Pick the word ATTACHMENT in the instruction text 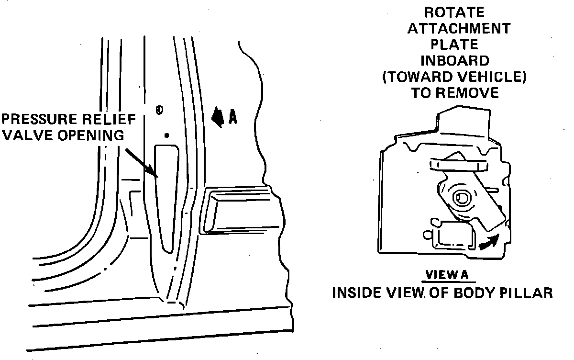click(458, 28)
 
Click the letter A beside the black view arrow click(232, 117)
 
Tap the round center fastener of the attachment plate click(463, 197)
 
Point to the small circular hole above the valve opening click(159, 110)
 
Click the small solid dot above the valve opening click(166, 135)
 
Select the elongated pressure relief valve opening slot click(166, 196)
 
